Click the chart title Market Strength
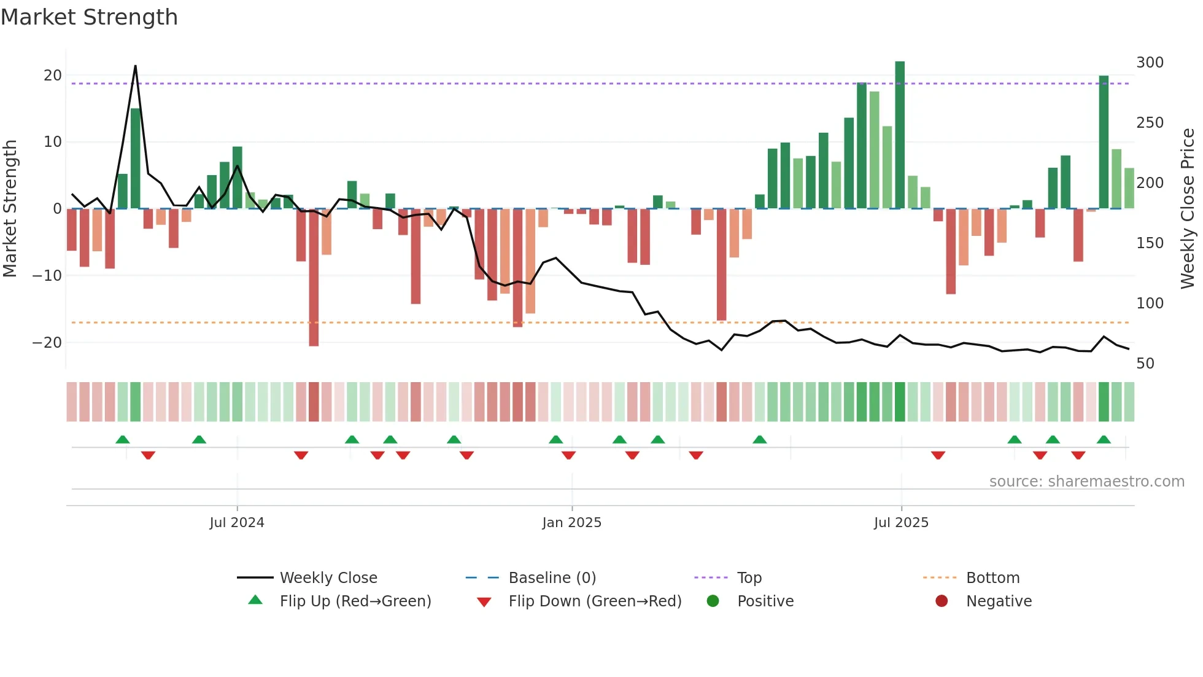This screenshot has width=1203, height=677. click(x=89, y=17)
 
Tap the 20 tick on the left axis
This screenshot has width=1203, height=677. click(x=53, y=76)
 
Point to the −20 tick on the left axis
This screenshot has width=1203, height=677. click(x=48, y=342)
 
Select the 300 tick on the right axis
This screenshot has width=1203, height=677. click(x=1150, y=63)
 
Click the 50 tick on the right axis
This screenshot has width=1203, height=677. click(x=1145, y=363)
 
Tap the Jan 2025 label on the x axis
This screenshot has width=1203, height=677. click(x=571, y=523)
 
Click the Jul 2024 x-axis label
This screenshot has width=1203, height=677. click(x=236, y=523)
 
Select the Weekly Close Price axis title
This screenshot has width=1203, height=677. click(x=1188, y=209)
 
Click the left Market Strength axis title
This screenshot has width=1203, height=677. click(x=10, y=209)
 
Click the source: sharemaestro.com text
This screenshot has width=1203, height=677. click(x=1086, y=482)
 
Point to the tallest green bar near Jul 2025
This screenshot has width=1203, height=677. click(x=900, y=135)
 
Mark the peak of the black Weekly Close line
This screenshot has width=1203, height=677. click(x=135, y=66)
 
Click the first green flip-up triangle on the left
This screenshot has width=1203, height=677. click(x=123, y=439)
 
